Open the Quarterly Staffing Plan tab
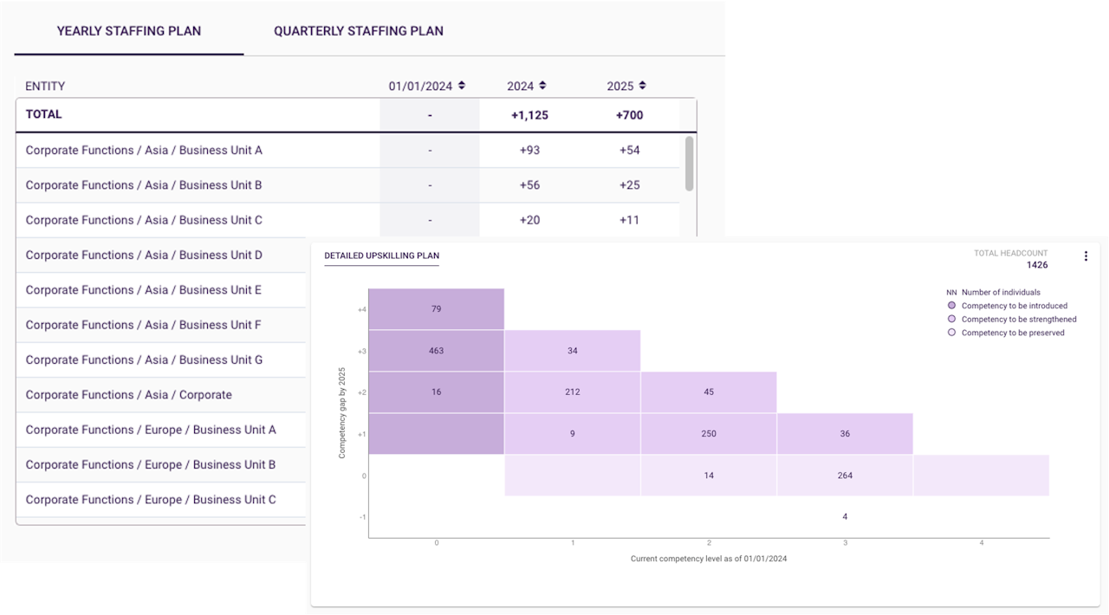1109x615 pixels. pyautogui.click(x=358, y=31)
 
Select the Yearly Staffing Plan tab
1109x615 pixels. pyautogui.click(x=129, y=31)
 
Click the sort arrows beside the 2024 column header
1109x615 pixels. pyautogui.click(x=542, y=86)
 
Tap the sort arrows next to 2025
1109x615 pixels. pyautogui.click(x=642, y=86)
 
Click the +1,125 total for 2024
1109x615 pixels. pyautogui.click(x=529, y=115)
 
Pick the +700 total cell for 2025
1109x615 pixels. pyautogui.click(x=629, y=115)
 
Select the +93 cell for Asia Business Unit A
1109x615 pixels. pyautogui.click(x=529, y=150)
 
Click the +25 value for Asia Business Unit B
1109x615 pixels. pyautogui.click(x=629, y=185)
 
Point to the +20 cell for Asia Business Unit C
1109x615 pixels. pyautogui.click(x=529, y=220)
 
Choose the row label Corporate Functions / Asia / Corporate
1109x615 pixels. pyautogui.click(x=128, y=395)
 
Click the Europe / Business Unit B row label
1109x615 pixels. pyautogui.click(x=151, y=465)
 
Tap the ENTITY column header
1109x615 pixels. pyautogui.click(x=45, y=87)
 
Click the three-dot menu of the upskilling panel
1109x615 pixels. pyautogui.click(x=1086, y=256)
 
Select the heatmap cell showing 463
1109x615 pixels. pyautogui.click(x=436, y=351)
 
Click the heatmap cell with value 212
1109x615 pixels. pyautogui.click(x=572, y=392)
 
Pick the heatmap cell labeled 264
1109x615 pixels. pyautogui.click(x=845, y=476)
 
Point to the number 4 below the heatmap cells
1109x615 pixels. pyautogui.click(x=845, y=517)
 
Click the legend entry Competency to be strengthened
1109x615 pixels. pyautogui.click(x=1018, y=320)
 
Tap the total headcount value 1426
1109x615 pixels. pyautogui.click(x=1036, y=265)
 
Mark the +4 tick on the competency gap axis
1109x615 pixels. pyautogui.click(x=361, y=309)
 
